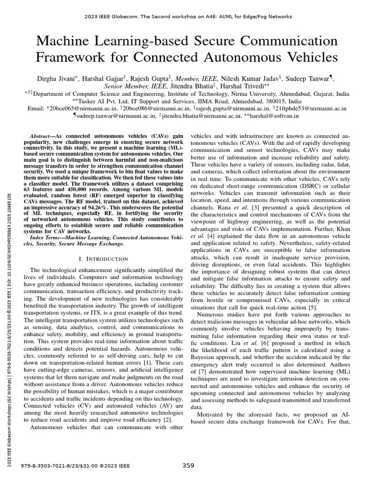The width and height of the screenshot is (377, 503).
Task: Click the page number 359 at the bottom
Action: coord(188,466)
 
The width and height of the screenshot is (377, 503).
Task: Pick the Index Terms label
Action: coord(48,238)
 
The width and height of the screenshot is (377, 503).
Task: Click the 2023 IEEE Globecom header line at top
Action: coord(188,17)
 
